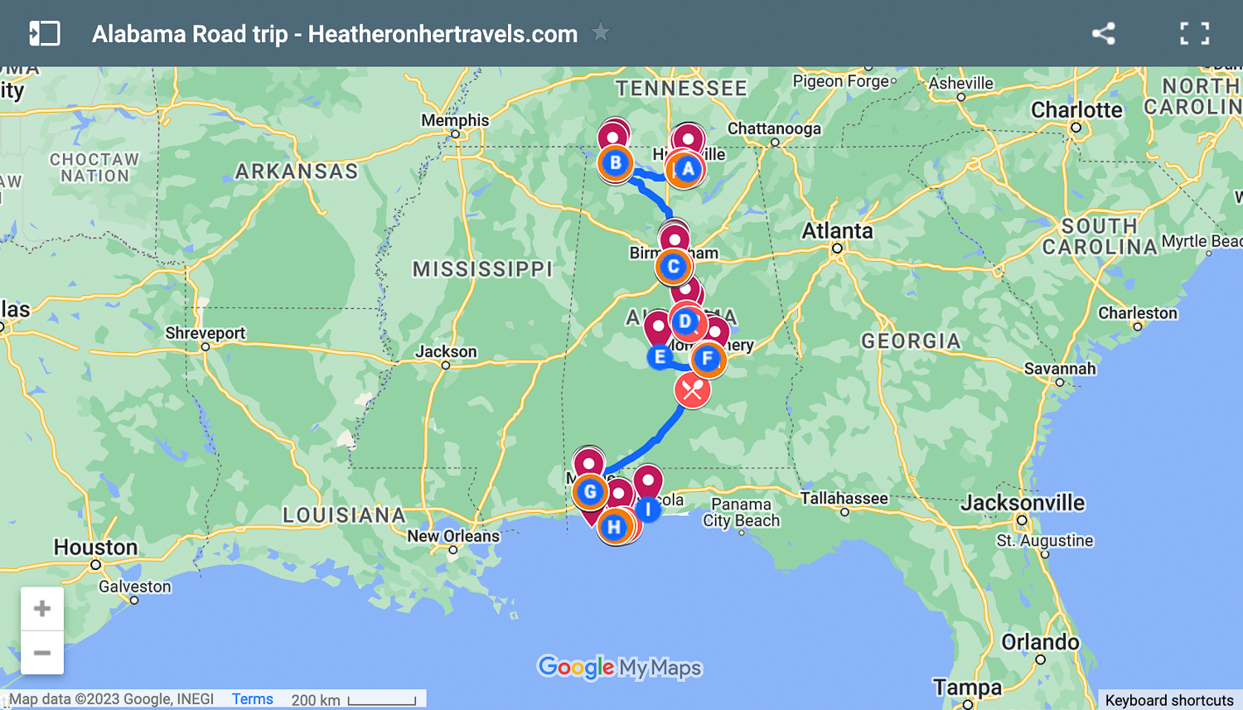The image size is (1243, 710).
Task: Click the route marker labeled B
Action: (x=615, y=163)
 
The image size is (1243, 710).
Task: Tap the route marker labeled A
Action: (x=687, y=170)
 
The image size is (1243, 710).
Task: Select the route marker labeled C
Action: (x=673, y=267)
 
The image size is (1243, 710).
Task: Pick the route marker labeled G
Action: (x=590, y=492)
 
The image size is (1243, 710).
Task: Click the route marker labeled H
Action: (x=614, y=527)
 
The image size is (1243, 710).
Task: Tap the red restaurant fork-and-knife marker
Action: (x=692, y=390)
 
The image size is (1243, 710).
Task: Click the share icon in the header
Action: (x=1103, y=33)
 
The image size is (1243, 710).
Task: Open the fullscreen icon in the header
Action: (x=1194, y=33)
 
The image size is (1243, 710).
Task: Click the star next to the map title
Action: (x=600, y=33)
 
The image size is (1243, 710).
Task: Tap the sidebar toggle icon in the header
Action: (x=44, y=33)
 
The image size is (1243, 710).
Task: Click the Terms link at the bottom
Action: (x=252, y=699)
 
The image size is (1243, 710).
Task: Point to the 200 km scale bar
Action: (x=381, y=701)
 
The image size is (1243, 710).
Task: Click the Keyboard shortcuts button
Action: (x=1168, y=700)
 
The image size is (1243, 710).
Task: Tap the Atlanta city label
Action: (x=837, y=231)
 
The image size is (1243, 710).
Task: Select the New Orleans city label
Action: (x=452, y=536)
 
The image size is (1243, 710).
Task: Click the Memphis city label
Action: (x=455, y=120)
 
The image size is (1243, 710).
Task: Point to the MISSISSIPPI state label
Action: (x=482, y=269)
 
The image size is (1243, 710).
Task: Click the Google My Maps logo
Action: (x=620, y=667)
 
